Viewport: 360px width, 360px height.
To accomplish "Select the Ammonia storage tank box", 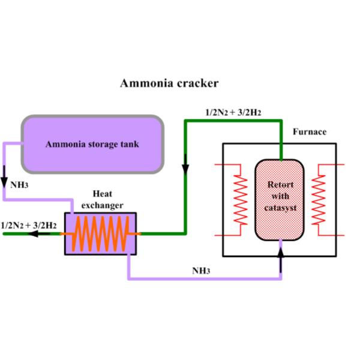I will [x=93, y=143].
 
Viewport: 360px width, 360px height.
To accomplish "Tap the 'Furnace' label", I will [x=309, y=131].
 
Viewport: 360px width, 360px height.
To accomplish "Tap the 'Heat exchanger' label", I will [x=108, y=199].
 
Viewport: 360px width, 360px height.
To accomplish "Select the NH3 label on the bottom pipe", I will [x=200, y=271].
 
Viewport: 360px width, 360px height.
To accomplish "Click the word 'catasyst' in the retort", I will [x=280, y=208].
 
